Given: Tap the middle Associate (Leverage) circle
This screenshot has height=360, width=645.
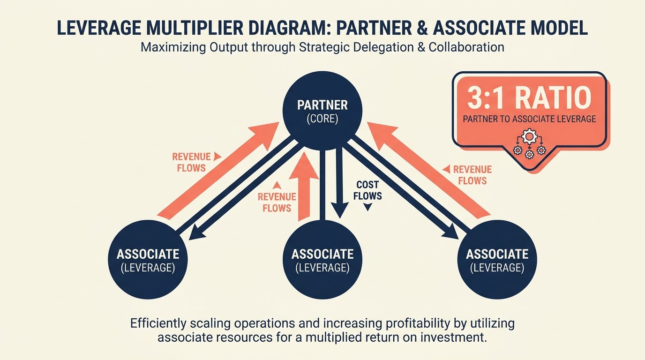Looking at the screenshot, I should tap(322, 260).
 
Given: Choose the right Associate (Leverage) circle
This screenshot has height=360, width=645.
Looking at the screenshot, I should tap(497, 260).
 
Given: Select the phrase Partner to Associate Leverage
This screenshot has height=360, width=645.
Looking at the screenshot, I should tap(529, 119).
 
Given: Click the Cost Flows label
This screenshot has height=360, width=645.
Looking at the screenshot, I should tap(367, 190).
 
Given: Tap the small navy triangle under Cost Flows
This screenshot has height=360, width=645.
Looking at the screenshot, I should tap(367, 207).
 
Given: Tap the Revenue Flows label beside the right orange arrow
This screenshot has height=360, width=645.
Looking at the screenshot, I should tap(472, 175).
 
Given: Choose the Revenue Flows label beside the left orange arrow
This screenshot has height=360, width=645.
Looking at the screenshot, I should tap(191, 162).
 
